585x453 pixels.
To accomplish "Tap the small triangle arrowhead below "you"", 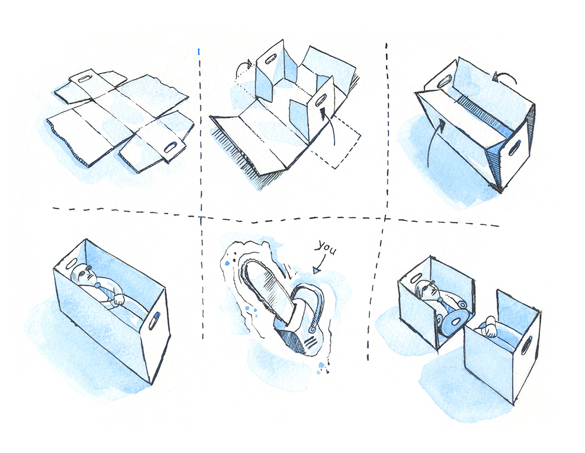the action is coord(317,270).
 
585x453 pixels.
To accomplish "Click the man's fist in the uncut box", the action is coord(118,299).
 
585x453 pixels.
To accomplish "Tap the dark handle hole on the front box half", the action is coord(527,345).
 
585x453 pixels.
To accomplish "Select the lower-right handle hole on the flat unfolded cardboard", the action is coord(171,148).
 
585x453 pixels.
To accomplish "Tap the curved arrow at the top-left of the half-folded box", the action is coord(243,68).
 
